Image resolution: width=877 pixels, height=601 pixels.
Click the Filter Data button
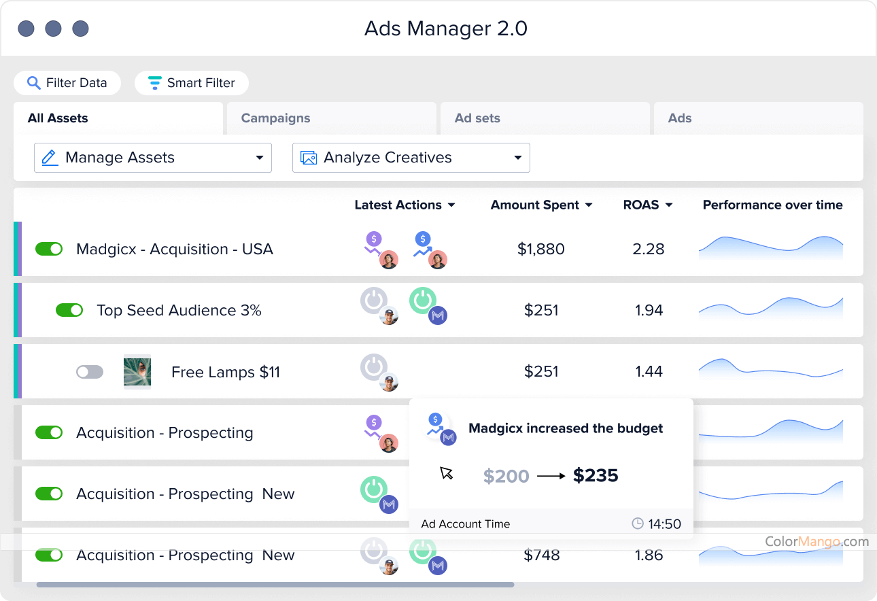click(67, 83)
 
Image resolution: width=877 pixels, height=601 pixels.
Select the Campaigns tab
click(275, 118)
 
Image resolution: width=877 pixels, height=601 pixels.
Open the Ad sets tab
click(477, 118)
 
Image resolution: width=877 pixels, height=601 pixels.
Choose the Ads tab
click(680, 118)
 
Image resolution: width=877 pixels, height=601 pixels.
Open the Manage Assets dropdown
click(153, 158)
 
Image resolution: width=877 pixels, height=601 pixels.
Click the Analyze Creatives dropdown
click(411, 158)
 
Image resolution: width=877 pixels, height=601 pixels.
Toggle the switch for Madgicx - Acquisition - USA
click(49, 249)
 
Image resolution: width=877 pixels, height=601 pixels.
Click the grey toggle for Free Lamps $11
click(90, 372)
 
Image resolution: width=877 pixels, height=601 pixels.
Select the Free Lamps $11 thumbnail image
click(137, 371)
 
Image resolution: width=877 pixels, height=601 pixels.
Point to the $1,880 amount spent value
click(541, 249)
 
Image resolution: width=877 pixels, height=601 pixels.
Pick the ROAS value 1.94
click(649, 310)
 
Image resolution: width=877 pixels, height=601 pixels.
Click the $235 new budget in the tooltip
click(596, 475)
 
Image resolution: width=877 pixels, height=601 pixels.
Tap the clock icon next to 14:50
click(638, 523)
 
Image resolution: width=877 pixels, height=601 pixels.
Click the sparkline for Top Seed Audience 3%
click(771, 308)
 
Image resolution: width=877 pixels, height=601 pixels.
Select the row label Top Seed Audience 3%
click(179, 310)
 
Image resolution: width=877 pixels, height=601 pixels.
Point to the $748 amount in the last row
click(542, 555)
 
